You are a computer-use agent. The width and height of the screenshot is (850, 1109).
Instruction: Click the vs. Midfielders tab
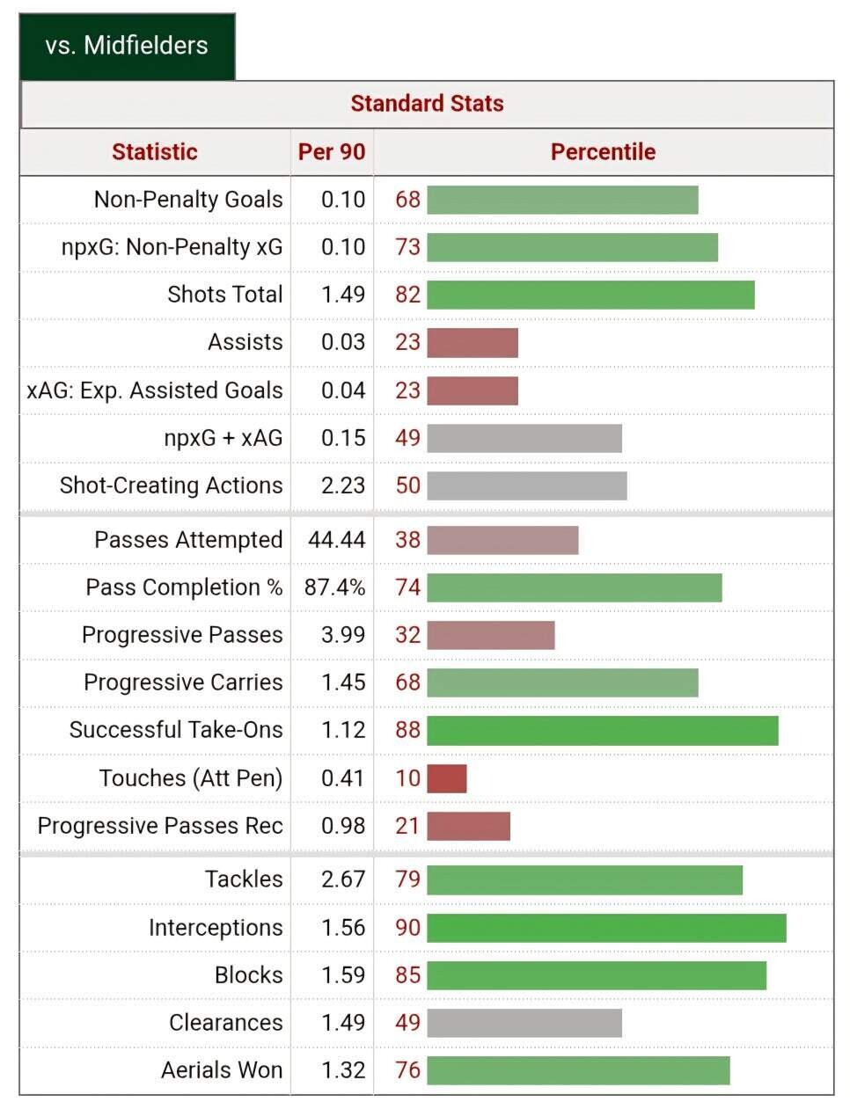tap(127, 46)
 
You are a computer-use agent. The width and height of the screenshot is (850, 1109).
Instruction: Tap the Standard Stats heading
tap(427, 104)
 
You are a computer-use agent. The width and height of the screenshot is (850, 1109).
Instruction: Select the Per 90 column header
tap(332, 152)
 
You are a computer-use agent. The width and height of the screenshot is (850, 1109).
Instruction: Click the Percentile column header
tap(603, 152)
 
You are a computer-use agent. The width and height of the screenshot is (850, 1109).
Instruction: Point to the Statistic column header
tap(155, 152)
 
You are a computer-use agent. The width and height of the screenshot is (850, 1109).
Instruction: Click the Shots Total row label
tap(225, 295)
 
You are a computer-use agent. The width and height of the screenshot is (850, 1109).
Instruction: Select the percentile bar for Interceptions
tap(606, 928)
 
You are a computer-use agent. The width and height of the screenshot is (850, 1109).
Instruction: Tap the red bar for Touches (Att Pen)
tap(447, 778)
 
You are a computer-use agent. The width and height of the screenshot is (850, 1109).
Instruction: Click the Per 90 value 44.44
tap(336, 540)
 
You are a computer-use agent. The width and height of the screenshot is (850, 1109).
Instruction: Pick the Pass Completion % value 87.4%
tap(334, 587)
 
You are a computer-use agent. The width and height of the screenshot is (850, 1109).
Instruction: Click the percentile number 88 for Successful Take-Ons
tap(407, 730)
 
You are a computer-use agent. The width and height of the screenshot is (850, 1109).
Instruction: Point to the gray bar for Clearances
tap(524, 1023)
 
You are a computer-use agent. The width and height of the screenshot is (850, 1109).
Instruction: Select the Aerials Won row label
tap(222, 1070)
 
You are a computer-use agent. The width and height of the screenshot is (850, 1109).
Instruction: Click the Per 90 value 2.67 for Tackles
tap(342, 879)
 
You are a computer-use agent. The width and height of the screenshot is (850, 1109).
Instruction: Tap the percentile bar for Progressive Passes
tap(491, 635)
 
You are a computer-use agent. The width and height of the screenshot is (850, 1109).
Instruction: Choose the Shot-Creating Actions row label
tap(172, 485)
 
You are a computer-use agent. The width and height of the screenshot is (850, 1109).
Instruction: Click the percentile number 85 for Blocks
tap(407, 975)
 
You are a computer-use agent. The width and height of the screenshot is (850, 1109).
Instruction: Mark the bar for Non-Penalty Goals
tap(562, 200)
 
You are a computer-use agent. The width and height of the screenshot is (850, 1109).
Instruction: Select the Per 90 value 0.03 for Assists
tap(342, 342)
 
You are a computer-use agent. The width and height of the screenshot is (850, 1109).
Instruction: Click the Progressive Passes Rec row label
tap(160, 826)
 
